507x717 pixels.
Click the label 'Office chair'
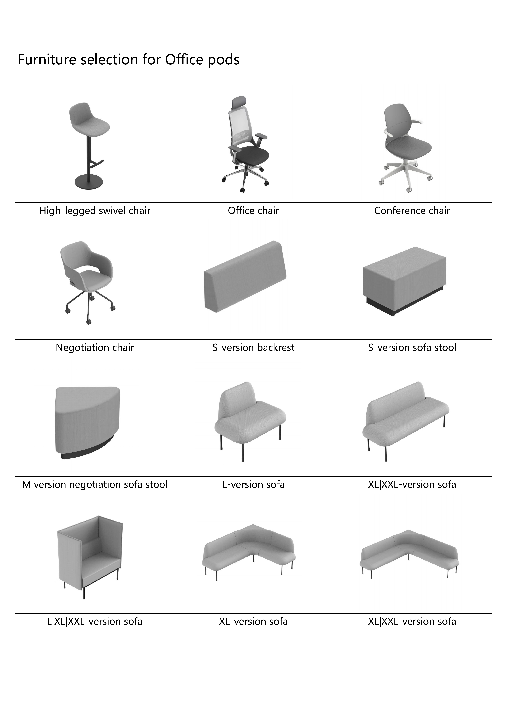(x=253, y=210)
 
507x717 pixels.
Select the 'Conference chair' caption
(x=412, y=210)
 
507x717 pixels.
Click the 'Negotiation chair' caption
(x=95, y=348)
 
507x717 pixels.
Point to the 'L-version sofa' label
(x=253, y=484)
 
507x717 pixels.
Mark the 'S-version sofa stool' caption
(x=412, y=348)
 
